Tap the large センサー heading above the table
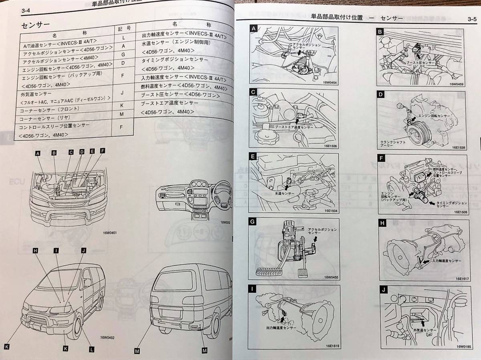point(35,25)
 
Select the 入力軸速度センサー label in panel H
point(447,261)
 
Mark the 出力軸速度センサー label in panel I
point(281,328)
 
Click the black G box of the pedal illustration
point(253,221)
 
